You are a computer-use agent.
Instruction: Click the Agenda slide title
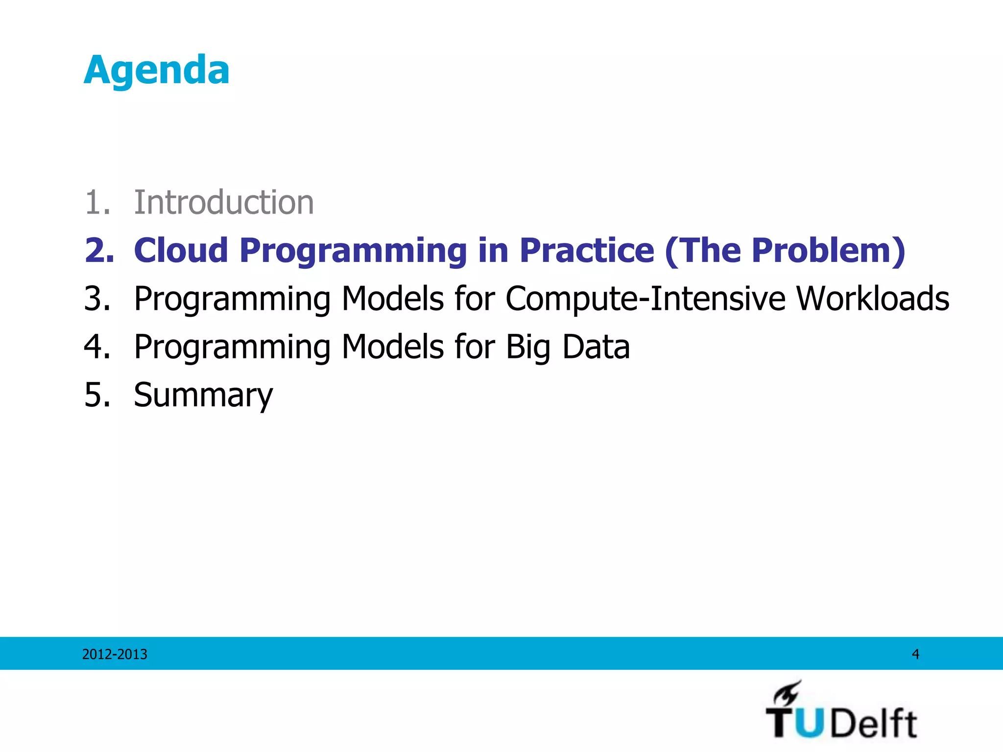pyautogui.click(x=156, y=70)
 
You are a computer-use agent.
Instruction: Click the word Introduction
pyautogui.click(x=223, y=202)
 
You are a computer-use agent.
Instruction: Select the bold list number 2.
pyautogui.click(x=99, y=250)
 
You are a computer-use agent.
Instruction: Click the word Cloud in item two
pyautogui.click(x=181, y=250)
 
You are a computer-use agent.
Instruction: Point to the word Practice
pyautogui.click(x=586, y=250)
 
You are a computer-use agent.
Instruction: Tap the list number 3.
pyautogui.click(x=97, y=298)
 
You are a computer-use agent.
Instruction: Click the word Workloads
pyautogui.click(x=873, y=298)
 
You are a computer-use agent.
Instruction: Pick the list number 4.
pyautogui.click(x=97, y=346)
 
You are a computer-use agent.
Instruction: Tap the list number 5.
pyautogui.click(x=97, y=395)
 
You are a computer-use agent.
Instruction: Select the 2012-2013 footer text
pyautogui.click(x=115, y=654)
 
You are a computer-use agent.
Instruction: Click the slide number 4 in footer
pyautogui.click(x=915, y=654)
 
